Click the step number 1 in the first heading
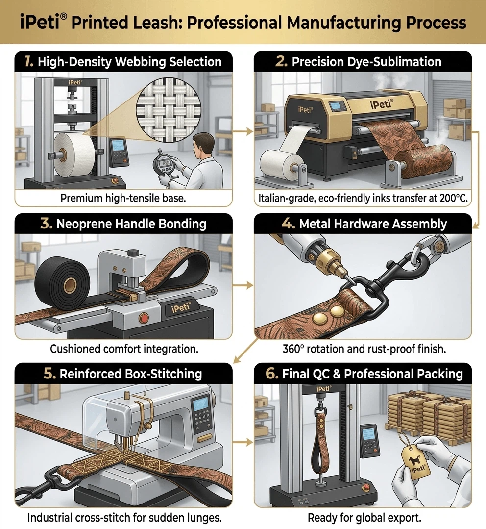(x=29, y=62)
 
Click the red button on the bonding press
(x=144, y=318)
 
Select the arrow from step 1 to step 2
(x=243, y=131)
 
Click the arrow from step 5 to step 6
(x=243, y=443)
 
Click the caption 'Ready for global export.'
(x=364, y=517)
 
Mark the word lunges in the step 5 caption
(x=207, y=517)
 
